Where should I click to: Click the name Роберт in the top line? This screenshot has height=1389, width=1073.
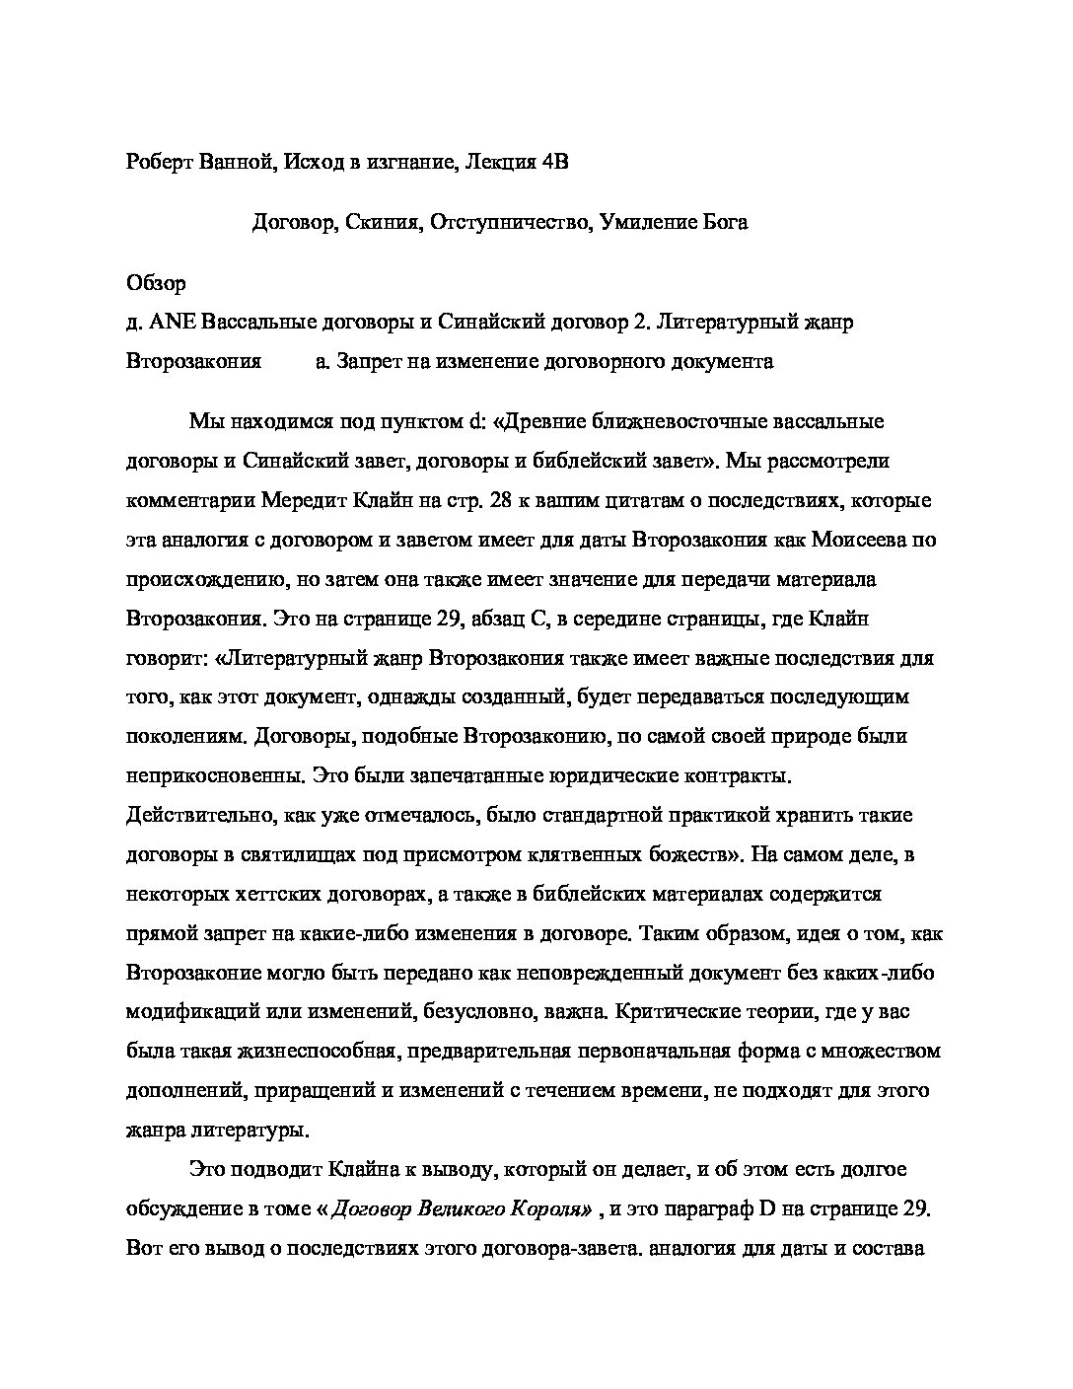click(x=162, y=163)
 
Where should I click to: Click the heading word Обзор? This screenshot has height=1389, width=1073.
click(x=156, y=283)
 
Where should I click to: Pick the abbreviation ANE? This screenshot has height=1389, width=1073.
click(x=167, y=322)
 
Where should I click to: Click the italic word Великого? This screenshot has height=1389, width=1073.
click(x=464, y=1208)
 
